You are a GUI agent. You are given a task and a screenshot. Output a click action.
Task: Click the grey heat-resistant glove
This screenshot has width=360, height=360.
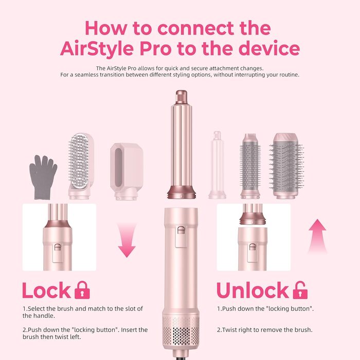pyautogui.click(x=43, y=177)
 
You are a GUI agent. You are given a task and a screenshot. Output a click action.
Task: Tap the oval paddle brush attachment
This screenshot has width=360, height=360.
pyautogui.click(x=81, y=166)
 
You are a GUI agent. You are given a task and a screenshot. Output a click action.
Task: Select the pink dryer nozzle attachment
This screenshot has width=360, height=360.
pyautogui.click(x=127, y=171)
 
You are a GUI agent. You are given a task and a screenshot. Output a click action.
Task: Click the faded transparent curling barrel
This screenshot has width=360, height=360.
pyautogui.click(x=217, y=165)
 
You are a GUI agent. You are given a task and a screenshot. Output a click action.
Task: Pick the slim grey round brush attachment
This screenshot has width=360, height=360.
pyautogui.click(x=250, y=166)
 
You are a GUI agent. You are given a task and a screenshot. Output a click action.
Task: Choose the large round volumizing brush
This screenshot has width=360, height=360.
pyautogui.click(x=286, y=166)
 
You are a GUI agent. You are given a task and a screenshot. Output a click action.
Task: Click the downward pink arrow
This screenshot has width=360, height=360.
pyautogui.click(x=127, y=240)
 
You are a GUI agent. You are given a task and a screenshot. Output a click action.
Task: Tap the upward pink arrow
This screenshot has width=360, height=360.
pyautogui.click(x=317, y=236)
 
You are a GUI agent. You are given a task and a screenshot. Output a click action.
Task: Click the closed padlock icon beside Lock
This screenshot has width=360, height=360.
pyautogui.click(x=82, y=290)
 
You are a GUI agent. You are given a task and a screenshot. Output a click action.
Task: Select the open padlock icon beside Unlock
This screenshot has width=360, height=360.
pyautogui.click(x=300, y=290)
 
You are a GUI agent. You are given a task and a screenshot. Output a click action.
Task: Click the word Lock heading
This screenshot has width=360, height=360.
pyautogui.click(x=46, y=291)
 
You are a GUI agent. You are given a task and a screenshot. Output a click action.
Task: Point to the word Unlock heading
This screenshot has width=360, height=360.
pyautogui.click(x=253, y=290)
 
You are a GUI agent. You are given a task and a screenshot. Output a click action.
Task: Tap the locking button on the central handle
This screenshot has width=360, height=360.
pyautogui.click(x=181, y=230)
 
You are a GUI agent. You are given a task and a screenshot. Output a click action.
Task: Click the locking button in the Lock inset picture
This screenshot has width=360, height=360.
pyautogui.click(x=58, y=247)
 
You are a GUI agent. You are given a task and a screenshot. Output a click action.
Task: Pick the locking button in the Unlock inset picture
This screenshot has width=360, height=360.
pyautogui.click(x=252, y=247)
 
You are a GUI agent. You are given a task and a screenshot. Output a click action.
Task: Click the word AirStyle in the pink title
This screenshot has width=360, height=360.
pyautogui.click(x=97, y=48)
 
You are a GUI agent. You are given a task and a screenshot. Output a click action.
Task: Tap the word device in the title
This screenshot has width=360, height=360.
pyautogui.click(x=269, y=48)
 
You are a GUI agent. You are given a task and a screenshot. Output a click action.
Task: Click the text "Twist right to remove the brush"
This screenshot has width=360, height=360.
pyautogui.click(x=267, y=330)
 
